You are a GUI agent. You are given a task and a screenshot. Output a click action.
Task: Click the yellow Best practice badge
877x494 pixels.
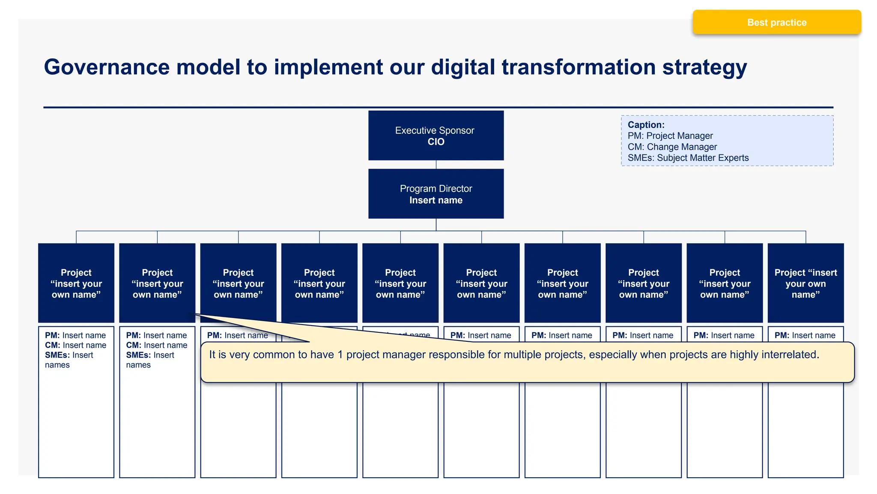tap(776, 22)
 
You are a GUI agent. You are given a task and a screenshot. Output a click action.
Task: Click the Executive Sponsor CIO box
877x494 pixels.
tap(436, 136)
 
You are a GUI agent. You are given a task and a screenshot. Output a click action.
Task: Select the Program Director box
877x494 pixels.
tap(436, 194)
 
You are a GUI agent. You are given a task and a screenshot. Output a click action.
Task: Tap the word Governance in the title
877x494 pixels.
tap(107, 67)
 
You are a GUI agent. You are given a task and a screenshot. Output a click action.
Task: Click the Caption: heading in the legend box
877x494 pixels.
tap(646, 125)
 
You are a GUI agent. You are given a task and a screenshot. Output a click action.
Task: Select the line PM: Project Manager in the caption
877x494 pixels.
tap(670, 136)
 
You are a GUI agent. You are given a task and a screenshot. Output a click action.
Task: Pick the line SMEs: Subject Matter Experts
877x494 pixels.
tap(688, 158)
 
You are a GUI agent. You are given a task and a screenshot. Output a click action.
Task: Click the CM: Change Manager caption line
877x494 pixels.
tap(672, 147)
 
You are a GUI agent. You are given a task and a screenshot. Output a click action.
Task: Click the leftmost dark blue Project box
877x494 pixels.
tap(76, 283)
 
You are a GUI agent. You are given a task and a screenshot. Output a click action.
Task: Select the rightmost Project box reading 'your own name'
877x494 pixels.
tap(805, 283)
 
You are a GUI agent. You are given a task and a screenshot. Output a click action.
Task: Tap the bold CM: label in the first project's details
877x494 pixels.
tap(52, 345)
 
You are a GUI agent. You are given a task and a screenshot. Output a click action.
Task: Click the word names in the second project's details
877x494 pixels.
tap(138, 365)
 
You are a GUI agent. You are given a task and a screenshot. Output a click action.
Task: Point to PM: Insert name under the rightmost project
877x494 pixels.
tap(805, 335)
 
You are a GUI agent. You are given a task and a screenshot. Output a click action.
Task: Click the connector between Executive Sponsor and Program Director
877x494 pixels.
tap(436, 165)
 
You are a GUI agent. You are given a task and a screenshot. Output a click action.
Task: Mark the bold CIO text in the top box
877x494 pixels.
tap(436, 142)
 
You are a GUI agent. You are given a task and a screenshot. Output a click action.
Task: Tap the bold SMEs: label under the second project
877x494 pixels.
tap(138, 355)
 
